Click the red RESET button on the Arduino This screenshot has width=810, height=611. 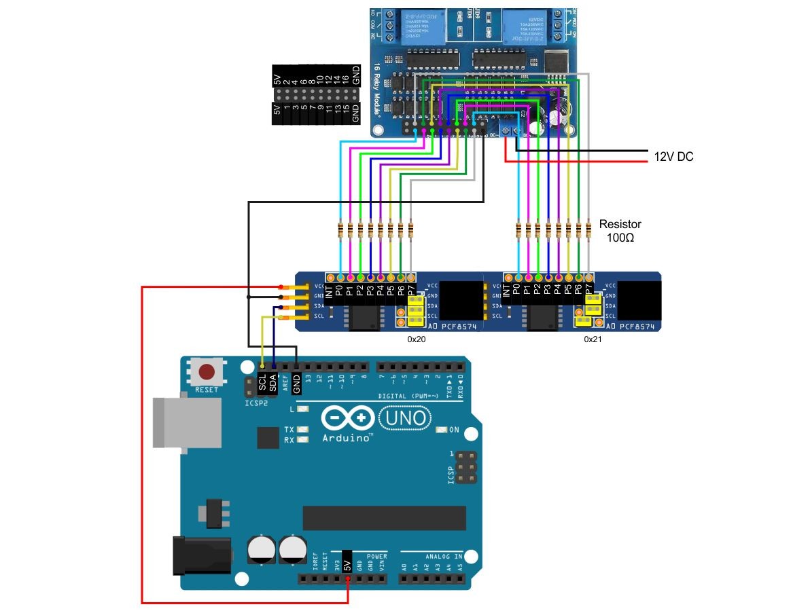pos(207,372)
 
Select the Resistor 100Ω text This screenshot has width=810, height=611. pos(620,231)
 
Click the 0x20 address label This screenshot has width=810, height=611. pos(417,339)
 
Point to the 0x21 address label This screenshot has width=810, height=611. pos(593,339)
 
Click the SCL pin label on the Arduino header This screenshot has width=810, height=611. pos(263,384)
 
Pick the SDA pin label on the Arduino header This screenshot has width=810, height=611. pos(273,384)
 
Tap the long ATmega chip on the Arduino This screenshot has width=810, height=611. pos(384,517)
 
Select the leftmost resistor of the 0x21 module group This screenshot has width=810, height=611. pos(518,231)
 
